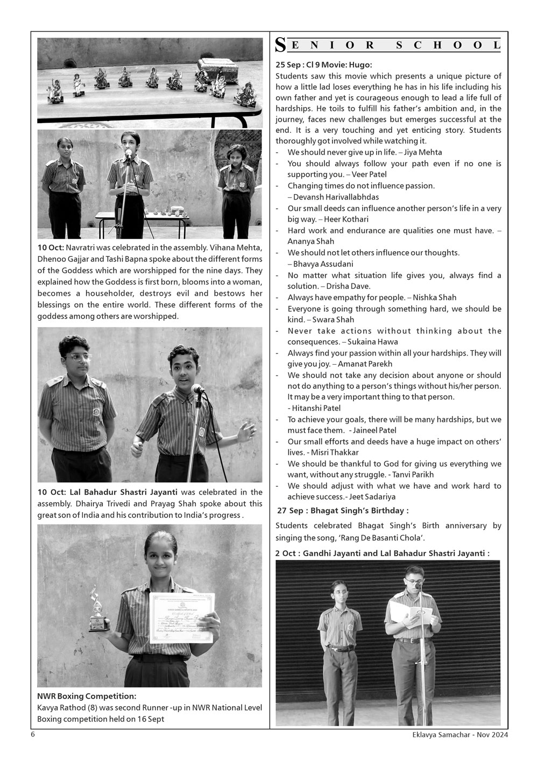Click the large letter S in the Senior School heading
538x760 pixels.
[x=280, y=45]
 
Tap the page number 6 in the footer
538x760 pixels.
[x=33, y=735]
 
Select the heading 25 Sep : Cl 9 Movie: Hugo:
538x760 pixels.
[x=323, y=65]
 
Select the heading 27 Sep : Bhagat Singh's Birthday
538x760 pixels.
[x=343, y=510]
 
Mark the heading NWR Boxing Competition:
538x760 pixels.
[x=87, y=697]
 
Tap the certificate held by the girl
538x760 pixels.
[x=181, y=617]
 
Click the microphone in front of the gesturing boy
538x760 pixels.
[x=198, y=389]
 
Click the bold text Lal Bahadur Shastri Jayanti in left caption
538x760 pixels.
[x=125, y=492]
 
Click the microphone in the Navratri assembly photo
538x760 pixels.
[x=129, y=153]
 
